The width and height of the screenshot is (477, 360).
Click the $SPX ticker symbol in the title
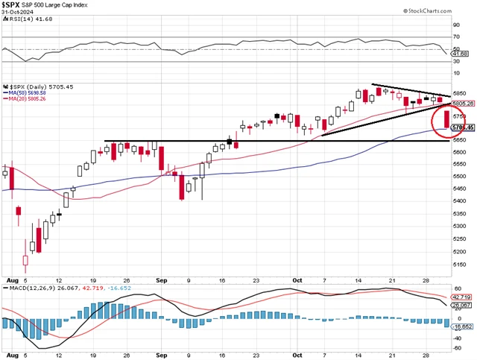tap(11, 6)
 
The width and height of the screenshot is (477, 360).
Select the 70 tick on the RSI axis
tap(456, 37)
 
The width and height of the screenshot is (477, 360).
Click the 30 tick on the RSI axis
tap(456, 62)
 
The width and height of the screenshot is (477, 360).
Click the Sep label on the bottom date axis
tap(161, 354)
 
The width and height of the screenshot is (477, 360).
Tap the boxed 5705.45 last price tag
tap(462, 127)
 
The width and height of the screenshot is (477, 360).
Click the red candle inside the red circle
tap(446, 119)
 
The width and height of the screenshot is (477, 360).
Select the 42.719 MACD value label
tap(462, 296)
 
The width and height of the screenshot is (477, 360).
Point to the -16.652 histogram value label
tap(462, 326)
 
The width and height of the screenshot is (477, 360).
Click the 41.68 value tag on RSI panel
tap(460, 54)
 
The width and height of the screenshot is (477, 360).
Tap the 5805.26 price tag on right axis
tap(462, 103)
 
